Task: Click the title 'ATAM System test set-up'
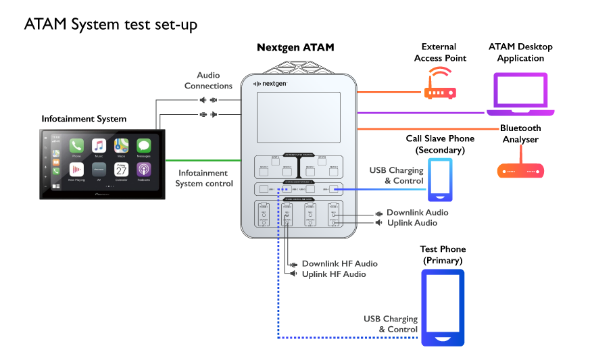coord(110,24)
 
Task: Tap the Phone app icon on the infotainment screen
coord(76,146)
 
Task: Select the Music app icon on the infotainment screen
coord(99,146)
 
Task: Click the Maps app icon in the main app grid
coord(121,146)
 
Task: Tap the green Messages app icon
coord(143,146)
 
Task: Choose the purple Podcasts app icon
coord(143,170)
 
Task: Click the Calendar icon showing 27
coord(121,170)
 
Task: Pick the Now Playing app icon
coord(76,170)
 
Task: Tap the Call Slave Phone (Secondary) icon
coord(440,180)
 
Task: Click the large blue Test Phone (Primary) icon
coord(443,307)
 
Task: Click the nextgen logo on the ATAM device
coord(270,84)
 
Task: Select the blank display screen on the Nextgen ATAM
coord(298,117)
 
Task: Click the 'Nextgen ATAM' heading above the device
coord(295,48)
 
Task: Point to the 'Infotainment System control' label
coord(204,178)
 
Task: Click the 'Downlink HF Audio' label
coord(339,263)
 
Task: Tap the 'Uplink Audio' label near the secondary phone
coord(412,223)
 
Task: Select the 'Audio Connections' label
coord(208,80)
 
